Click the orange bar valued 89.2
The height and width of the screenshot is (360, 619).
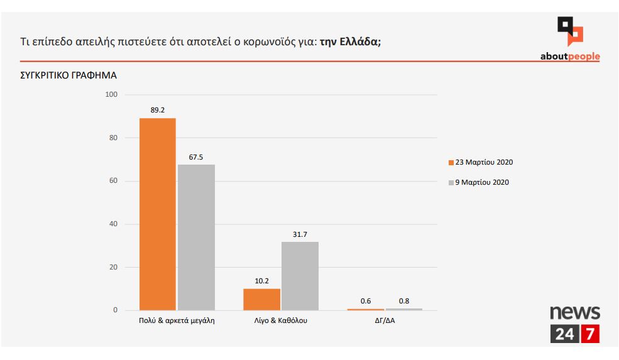click(x=157, y=214)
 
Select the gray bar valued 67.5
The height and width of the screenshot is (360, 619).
click(x=196, y=237)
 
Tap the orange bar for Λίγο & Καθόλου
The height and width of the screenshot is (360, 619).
click(x=261, y=300)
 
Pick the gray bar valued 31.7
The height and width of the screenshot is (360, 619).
click(x=300, y=276)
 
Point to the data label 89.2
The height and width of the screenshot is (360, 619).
click(x=157, y=110)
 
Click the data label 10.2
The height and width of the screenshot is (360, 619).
click(x=261, y=281)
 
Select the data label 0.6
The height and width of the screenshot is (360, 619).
click(x=366, y=302)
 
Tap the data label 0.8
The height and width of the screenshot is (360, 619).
click(x=404, y=301)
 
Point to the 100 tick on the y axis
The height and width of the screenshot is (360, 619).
click(x=112, y=95)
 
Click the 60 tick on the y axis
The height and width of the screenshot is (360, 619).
click(x=114, y=181)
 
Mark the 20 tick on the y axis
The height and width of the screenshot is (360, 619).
click(x=114, y=267)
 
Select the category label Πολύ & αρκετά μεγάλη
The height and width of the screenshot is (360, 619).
click(x=177, y=320)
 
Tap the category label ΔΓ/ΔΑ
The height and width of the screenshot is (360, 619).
click(x=385, y=320)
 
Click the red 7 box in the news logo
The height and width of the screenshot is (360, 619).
click(x=589, y=334)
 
